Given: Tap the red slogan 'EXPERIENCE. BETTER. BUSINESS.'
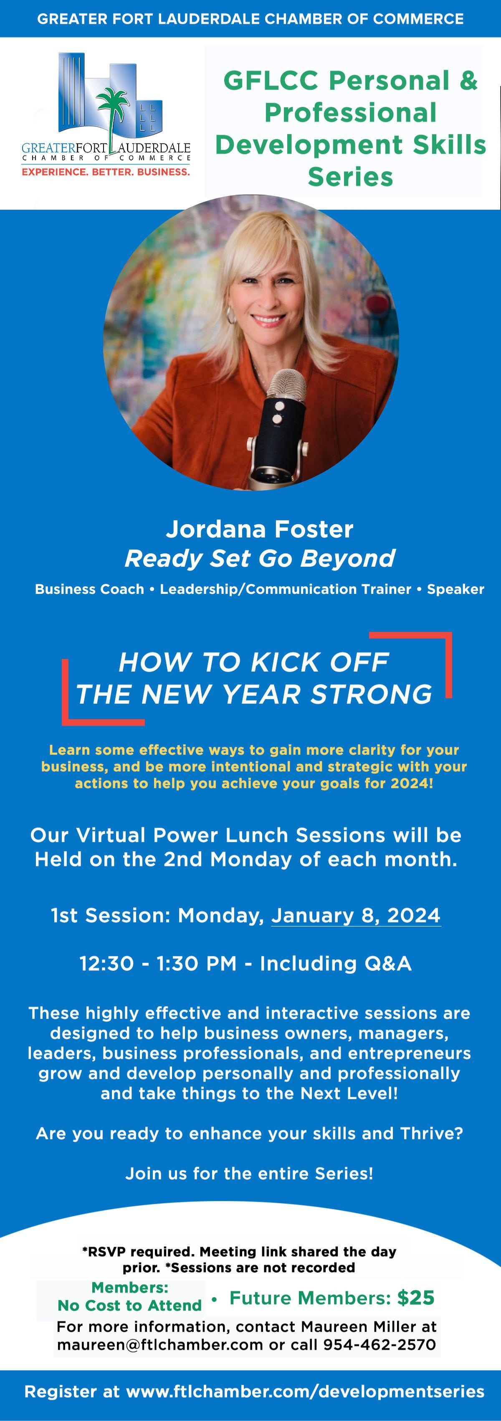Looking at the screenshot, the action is tap(106, 172).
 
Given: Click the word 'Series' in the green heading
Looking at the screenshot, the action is tap(351, 176).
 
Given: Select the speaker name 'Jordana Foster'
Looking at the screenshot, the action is tap(260, 529).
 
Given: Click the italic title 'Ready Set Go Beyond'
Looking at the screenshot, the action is tap(260, 558).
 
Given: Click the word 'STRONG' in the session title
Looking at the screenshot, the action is tap(372, 694).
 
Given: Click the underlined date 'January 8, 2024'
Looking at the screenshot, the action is tap(356, 915).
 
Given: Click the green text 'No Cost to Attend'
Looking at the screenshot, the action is tap(129, 1305).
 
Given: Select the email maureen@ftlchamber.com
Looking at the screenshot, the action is tap(160, 1345).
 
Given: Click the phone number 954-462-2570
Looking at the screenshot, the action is tap(379, 1345).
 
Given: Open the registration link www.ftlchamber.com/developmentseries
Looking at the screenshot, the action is tap(305, 1392).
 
